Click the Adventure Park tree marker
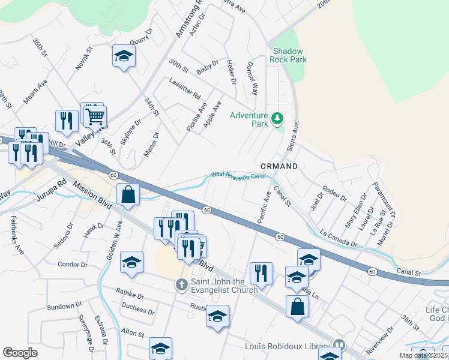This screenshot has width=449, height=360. (x=277, y=118)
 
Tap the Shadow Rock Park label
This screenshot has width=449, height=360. (x=289, y=55)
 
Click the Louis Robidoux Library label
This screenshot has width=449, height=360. (x=288, y=346)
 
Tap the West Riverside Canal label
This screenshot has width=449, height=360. (x=237, y=175)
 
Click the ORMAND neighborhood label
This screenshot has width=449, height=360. (x=279, y=166)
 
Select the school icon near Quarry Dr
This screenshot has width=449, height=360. (x=124, y=56)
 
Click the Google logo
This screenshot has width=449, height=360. (x=20, y=352)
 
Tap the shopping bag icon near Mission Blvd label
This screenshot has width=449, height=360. (x=128, y=194)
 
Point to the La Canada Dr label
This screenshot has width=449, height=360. (x=339, y=239)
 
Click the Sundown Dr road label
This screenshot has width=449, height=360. (x=61, y=306)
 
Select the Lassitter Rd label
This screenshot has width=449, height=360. (x=184, y=89)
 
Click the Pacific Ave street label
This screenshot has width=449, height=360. (x=264, y=208)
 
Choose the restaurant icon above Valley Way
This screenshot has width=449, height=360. (x=67, y=120)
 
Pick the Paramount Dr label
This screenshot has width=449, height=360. (x=385, y=199)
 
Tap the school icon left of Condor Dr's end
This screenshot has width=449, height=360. (x=131, y=262)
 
